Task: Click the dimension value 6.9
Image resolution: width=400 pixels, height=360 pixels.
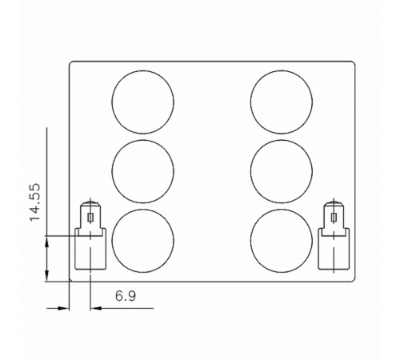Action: [125, 296]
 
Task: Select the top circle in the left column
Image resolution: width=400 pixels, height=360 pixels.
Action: [142, 102]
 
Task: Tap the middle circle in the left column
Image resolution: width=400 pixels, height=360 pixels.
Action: [142, 171]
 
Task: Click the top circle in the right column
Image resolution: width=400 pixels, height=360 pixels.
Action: [281, 102]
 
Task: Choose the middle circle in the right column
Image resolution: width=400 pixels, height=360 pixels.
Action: [281, 171]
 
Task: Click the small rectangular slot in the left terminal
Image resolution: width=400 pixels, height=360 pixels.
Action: [90, 216]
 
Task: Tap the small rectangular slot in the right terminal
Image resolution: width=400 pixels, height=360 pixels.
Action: [333, 216]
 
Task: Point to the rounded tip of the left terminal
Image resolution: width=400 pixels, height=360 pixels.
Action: [90, 205]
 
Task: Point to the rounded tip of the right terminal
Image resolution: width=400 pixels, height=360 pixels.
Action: [333, 205]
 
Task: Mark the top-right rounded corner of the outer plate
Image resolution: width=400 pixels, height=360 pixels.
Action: [352, 64]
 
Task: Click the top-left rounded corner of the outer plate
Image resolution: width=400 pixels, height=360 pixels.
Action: [72, 64]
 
